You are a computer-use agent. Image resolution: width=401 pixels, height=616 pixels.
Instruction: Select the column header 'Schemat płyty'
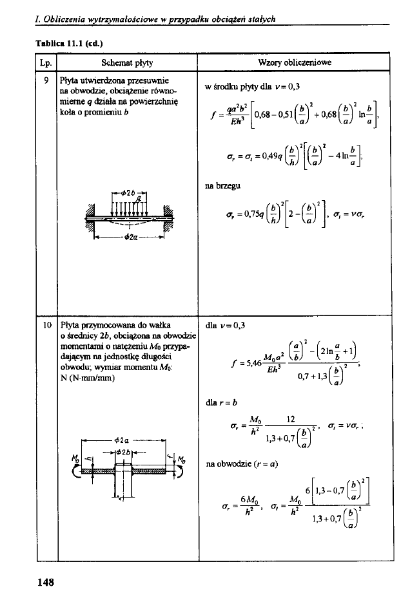[x=126, y=63]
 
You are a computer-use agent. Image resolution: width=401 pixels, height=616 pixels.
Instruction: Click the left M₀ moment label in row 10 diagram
[x=81, y=459]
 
